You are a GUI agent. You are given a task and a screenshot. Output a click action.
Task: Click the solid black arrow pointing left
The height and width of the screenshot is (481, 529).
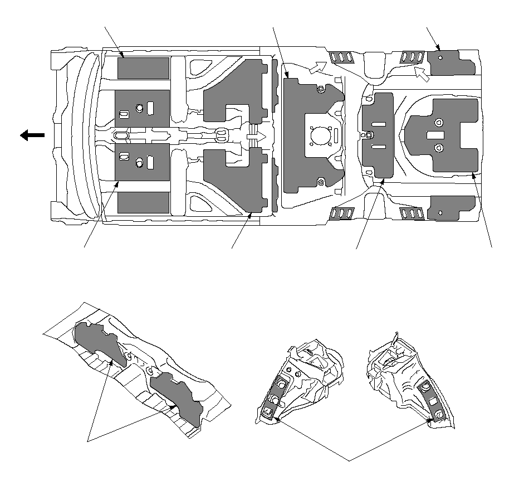(x=32, y=135)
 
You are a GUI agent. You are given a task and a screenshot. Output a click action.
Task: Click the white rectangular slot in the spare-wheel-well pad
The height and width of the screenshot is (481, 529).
(x=434, y=135)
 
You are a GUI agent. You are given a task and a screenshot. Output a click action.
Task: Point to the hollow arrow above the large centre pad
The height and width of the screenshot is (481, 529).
(x=315, y=67)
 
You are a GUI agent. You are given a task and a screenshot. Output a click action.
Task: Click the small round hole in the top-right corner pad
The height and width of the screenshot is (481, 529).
(x=440, y=57)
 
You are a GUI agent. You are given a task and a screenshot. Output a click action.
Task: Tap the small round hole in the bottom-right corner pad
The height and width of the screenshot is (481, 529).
(x=440, y=212)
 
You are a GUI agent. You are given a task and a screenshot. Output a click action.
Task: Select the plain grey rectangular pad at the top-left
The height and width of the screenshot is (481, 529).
(x=143, y=68)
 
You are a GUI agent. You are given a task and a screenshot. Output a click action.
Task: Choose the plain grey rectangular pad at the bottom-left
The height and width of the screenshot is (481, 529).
(x=143, y=203)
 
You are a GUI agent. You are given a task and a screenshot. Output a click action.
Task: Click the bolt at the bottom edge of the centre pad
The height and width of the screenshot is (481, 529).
(x=320, y=182)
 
